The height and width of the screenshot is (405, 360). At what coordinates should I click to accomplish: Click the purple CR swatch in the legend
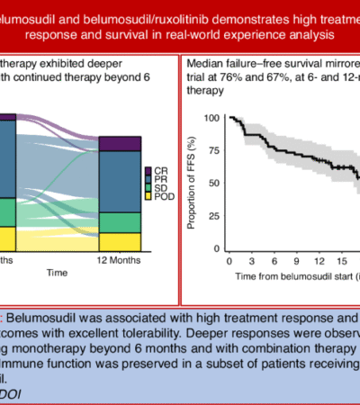(x=147, y=171)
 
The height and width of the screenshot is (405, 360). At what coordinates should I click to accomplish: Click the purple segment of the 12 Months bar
(x=120, y=143)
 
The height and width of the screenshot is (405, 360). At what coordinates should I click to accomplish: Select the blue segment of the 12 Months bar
(x=120, y=181)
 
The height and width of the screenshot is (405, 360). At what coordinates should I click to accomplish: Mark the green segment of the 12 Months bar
(x=120, y=222)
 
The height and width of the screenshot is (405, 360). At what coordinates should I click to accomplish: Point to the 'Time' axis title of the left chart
(x=57, y=270)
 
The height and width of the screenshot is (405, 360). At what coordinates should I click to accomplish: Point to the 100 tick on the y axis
(x=211, y=118)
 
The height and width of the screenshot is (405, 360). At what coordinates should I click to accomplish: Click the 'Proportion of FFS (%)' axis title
(x=192, y=183)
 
